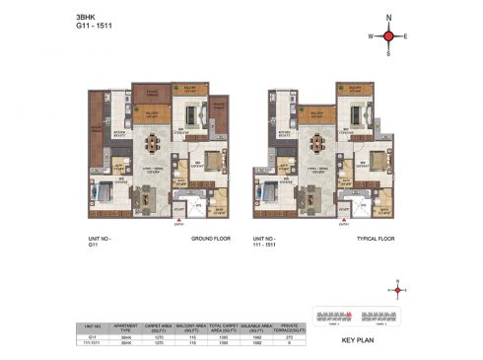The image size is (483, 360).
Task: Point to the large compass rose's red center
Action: tap(388, 36)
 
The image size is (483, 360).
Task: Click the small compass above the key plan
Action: tap(398, 290)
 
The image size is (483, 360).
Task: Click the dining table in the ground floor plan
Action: tap(152, 145)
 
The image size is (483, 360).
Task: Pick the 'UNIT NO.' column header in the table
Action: tap(95, 326)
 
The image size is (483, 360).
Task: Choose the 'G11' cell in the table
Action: tap(95, 337)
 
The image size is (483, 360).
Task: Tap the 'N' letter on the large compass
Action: tap(388, 18)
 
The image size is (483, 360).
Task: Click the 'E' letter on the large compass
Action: tap(407, 36)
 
